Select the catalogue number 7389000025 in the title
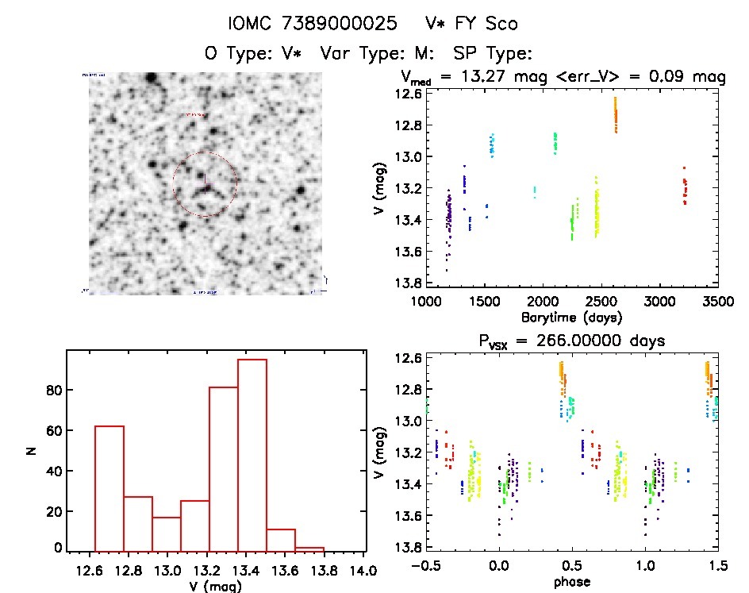tap(343, 24)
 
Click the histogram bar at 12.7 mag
tap(109, 488)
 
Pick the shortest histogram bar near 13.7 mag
tap(309, 549)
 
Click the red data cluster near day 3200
tap(685, 187)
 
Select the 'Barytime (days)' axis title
tap(570, 317)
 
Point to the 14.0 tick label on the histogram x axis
tap(363, 570)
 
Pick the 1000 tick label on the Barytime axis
tap(426, 302)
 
